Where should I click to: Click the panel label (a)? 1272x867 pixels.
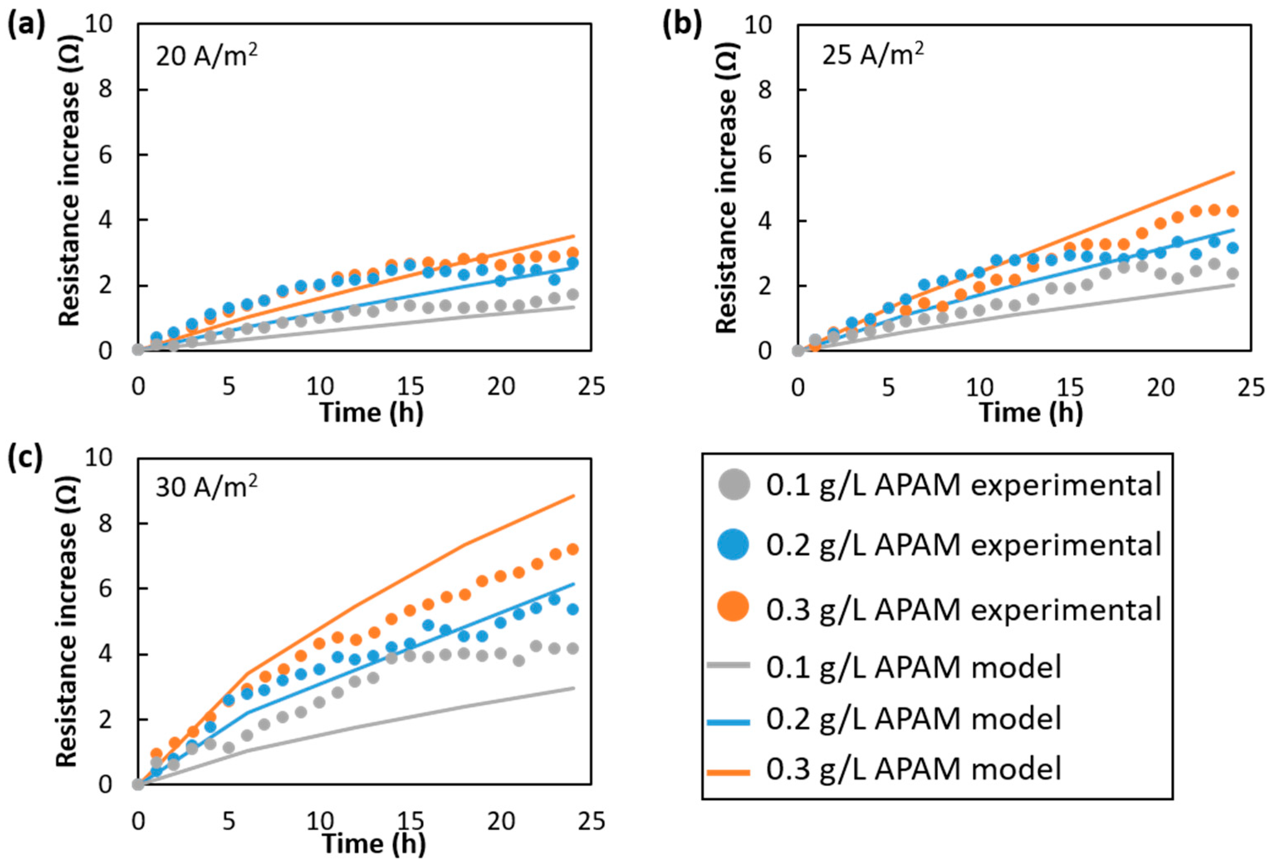pos(25,26)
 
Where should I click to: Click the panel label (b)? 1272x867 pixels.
pos(681,26)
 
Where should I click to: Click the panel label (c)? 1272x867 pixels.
pos(25,459)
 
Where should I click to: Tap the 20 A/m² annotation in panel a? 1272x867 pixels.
pos(206,56)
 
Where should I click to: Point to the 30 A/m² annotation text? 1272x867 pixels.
pos(206,486)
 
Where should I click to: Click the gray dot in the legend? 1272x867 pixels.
pos(733,484)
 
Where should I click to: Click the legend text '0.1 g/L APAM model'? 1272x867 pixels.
pos(913,667)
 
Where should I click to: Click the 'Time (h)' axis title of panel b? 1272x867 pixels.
pos(1031,412)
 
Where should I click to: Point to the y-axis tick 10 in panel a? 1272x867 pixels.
pos(100,24)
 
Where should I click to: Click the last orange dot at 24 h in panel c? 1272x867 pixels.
pos(572,550)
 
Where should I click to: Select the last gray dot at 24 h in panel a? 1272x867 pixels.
pos(572,295)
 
